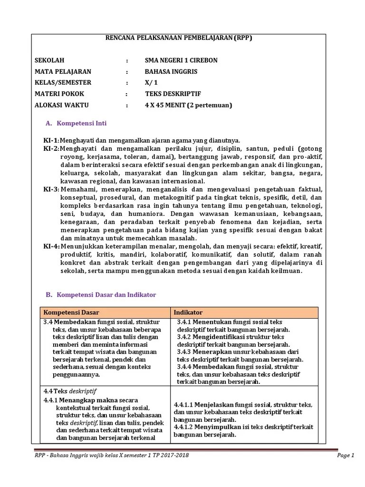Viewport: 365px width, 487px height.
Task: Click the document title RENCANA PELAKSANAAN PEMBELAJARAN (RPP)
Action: tap(178, 39)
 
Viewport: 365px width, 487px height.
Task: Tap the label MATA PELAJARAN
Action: tap(63, 71)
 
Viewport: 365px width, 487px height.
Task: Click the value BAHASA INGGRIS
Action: tap(171, 71)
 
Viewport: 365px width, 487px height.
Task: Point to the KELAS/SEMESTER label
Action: tap(63, 83)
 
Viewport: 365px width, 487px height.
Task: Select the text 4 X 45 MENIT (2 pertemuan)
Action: tap(188, 105)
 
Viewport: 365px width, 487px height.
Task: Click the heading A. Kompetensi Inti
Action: tap(76, 123)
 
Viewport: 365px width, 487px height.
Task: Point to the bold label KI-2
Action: tap(51, 149)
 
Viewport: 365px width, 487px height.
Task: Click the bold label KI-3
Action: tap(51, 189)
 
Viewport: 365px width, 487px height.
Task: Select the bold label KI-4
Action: tap(51, 246)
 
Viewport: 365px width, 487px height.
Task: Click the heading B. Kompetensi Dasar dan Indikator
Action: tap(101, 295)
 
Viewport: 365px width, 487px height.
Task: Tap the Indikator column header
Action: tap(188, 312)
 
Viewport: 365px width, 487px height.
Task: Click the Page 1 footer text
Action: tap(346, 456)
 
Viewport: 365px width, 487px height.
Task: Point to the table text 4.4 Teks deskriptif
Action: tap(70, 391)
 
